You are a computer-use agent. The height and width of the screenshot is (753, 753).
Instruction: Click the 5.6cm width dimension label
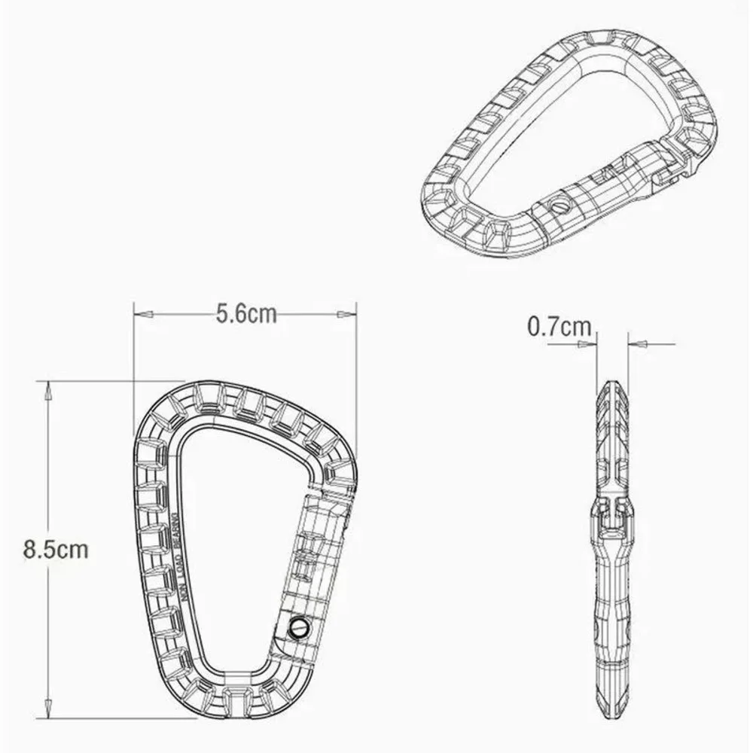(246, 313)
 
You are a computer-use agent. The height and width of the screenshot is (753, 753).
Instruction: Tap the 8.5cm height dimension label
(56, 549)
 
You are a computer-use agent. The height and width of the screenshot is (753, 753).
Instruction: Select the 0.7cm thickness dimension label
(559, 327)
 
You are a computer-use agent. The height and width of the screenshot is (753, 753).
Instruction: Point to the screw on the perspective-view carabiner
(557, 203)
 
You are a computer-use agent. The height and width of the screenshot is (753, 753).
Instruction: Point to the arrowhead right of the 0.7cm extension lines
(638, 344)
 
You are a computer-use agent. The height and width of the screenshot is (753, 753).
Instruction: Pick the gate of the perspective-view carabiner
(595, 188)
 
